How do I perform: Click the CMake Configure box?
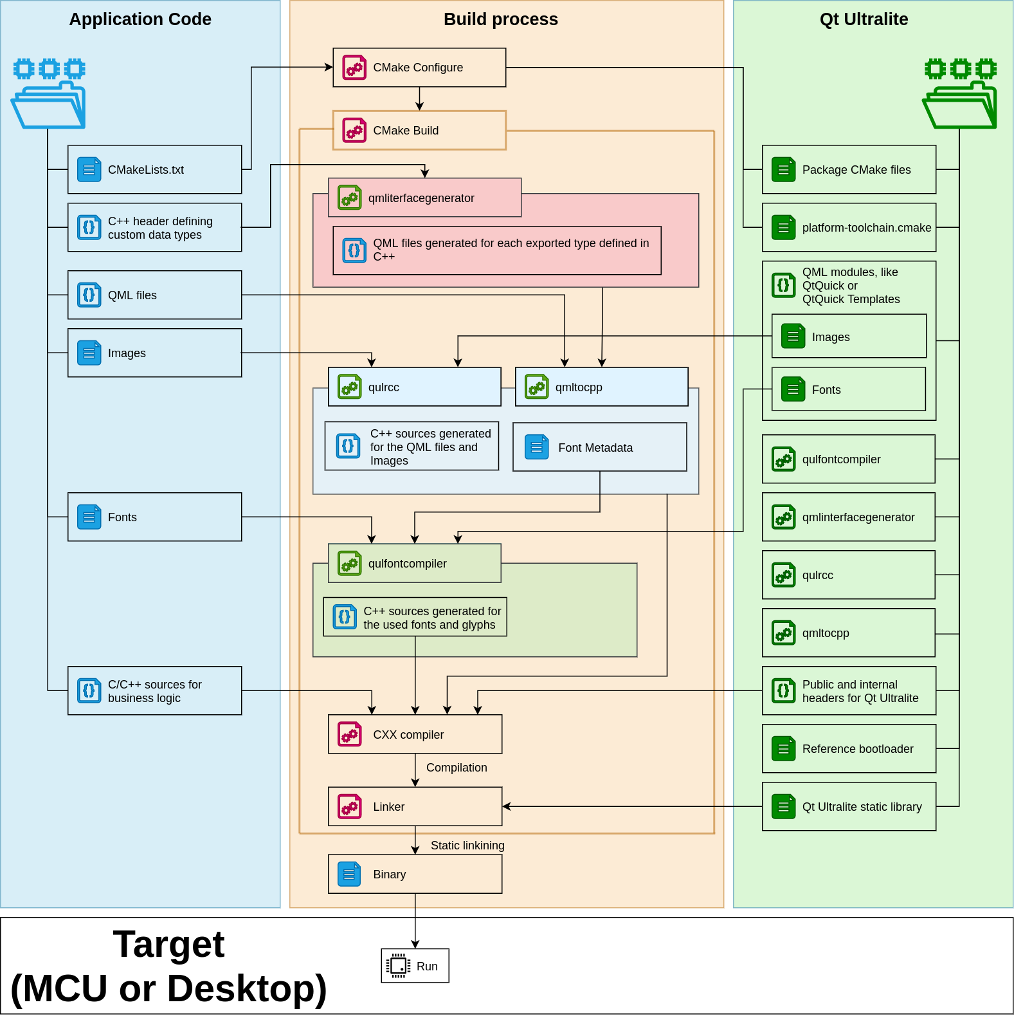(419, 68)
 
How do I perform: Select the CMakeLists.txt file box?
(154, 169)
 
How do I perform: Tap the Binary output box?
(415, 874)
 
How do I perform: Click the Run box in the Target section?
(415, 965)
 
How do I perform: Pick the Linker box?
(415, 806)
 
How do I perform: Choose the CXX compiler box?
(415, 734)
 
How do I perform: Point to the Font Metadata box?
(599, 447)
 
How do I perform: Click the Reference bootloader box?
(849, 748)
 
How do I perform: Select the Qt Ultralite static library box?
(849, 806)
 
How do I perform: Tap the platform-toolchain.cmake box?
(849, 227)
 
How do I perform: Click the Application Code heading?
(140, 19)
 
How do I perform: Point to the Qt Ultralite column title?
(864, 19)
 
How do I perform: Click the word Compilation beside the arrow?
(457, 768)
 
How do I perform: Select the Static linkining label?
(467, 846)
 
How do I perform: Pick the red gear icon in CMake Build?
(354, 130)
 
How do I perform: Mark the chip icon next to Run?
(398, 966)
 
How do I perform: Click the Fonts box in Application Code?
(154, 517)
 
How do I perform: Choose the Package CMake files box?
(849, 169)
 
